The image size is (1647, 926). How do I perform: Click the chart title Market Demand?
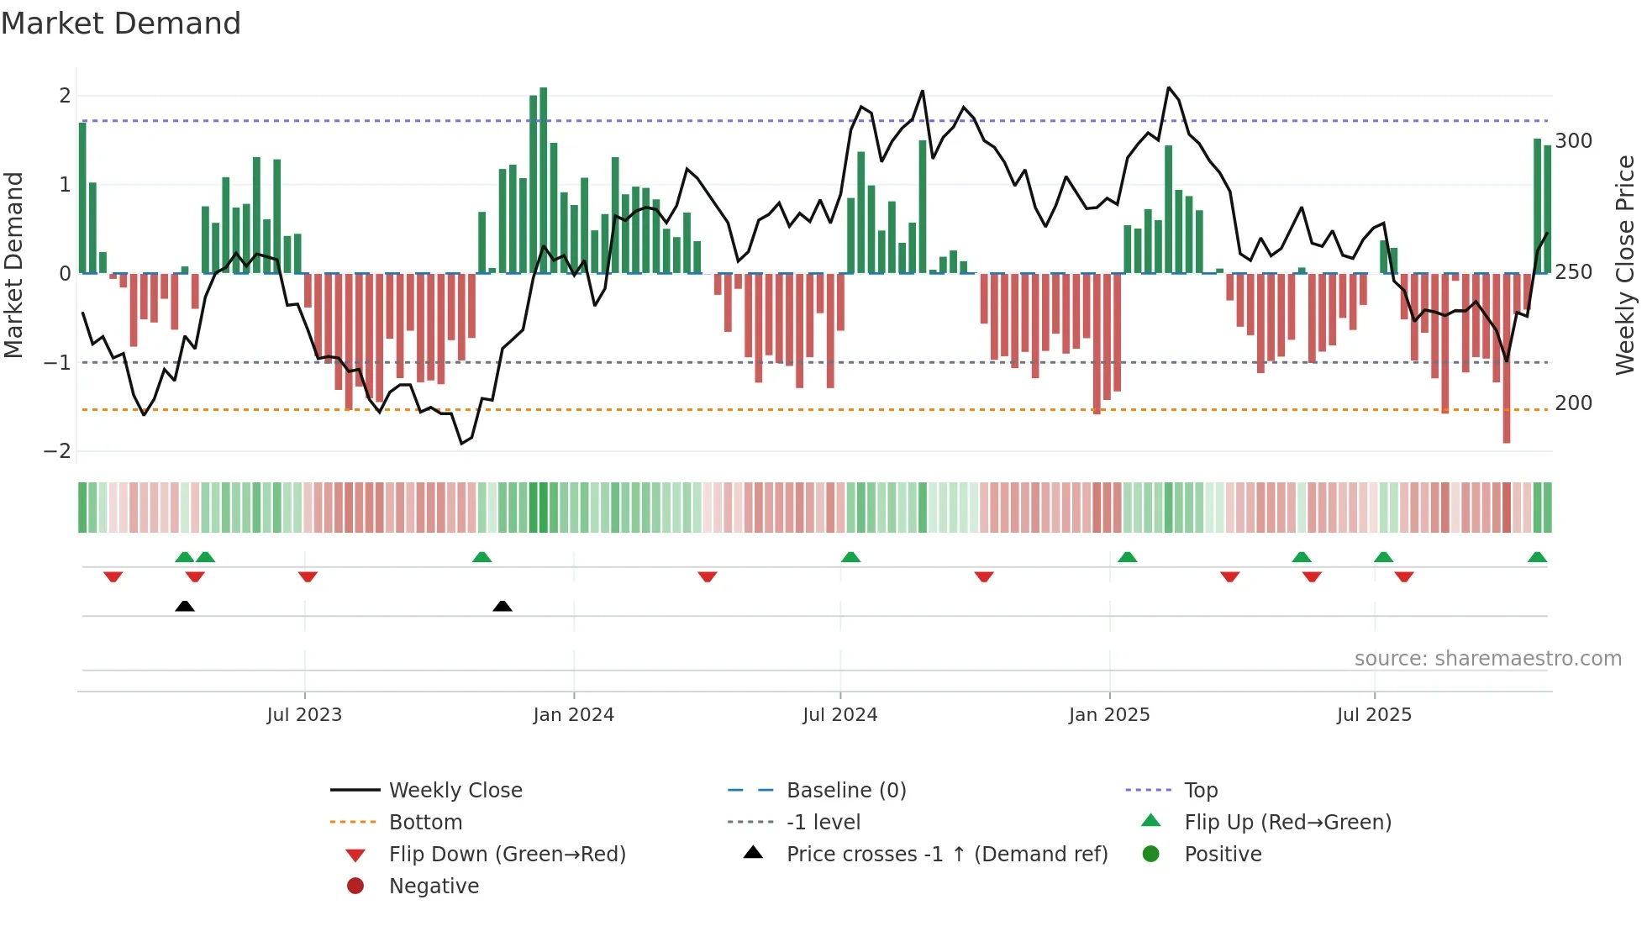click(x=121, y=24)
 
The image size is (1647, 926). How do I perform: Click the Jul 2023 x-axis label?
click(x=304, y=715)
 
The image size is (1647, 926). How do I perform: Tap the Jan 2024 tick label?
click(x=573, y=715)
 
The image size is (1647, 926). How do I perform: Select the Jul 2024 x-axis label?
click(x=839, y=715)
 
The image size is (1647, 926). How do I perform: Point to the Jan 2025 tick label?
click(x=1109, y=715)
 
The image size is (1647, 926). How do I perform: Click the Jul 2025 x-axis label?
click(x=1374, y=715)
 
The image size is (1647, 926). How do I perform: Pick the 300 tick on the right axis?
click(x=1573, y=141)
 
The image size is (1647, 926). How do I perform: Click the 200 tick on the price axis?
click(x=1573, y=403)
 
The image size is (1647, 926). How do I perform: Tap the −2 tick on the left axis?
click(x=58, y=451)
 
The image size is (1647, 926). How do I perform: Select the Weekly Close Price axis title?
click(x=1625, y=265)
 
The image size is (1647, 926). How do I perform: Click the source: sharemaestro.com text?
click(x=1487, y=659)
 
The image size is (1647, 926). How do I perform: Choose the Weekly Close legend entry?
click(x=455, y=791)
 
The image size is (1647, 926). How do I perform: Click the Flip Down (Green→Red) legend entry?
click(x=507, y=855)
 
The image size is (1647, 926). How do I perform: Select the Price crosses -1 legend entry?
click(x=946, y=855)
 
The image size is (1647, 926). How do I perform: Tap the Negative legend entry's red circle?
click(x=355, y=887)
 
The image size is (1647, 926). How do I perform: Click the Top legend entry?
click(x=1200, y=791)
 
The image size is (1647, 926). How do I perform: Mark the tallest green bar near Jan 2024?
click(x=544, y=180)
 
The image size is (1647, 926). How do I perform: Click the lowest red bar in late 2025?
click(x=1507, y=358)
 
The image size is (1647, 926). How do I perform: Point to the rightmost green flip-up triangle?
click(x=1537, y=557)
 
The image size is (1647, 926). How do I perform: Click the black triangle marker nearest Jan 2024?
click(x=503, y=606)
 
